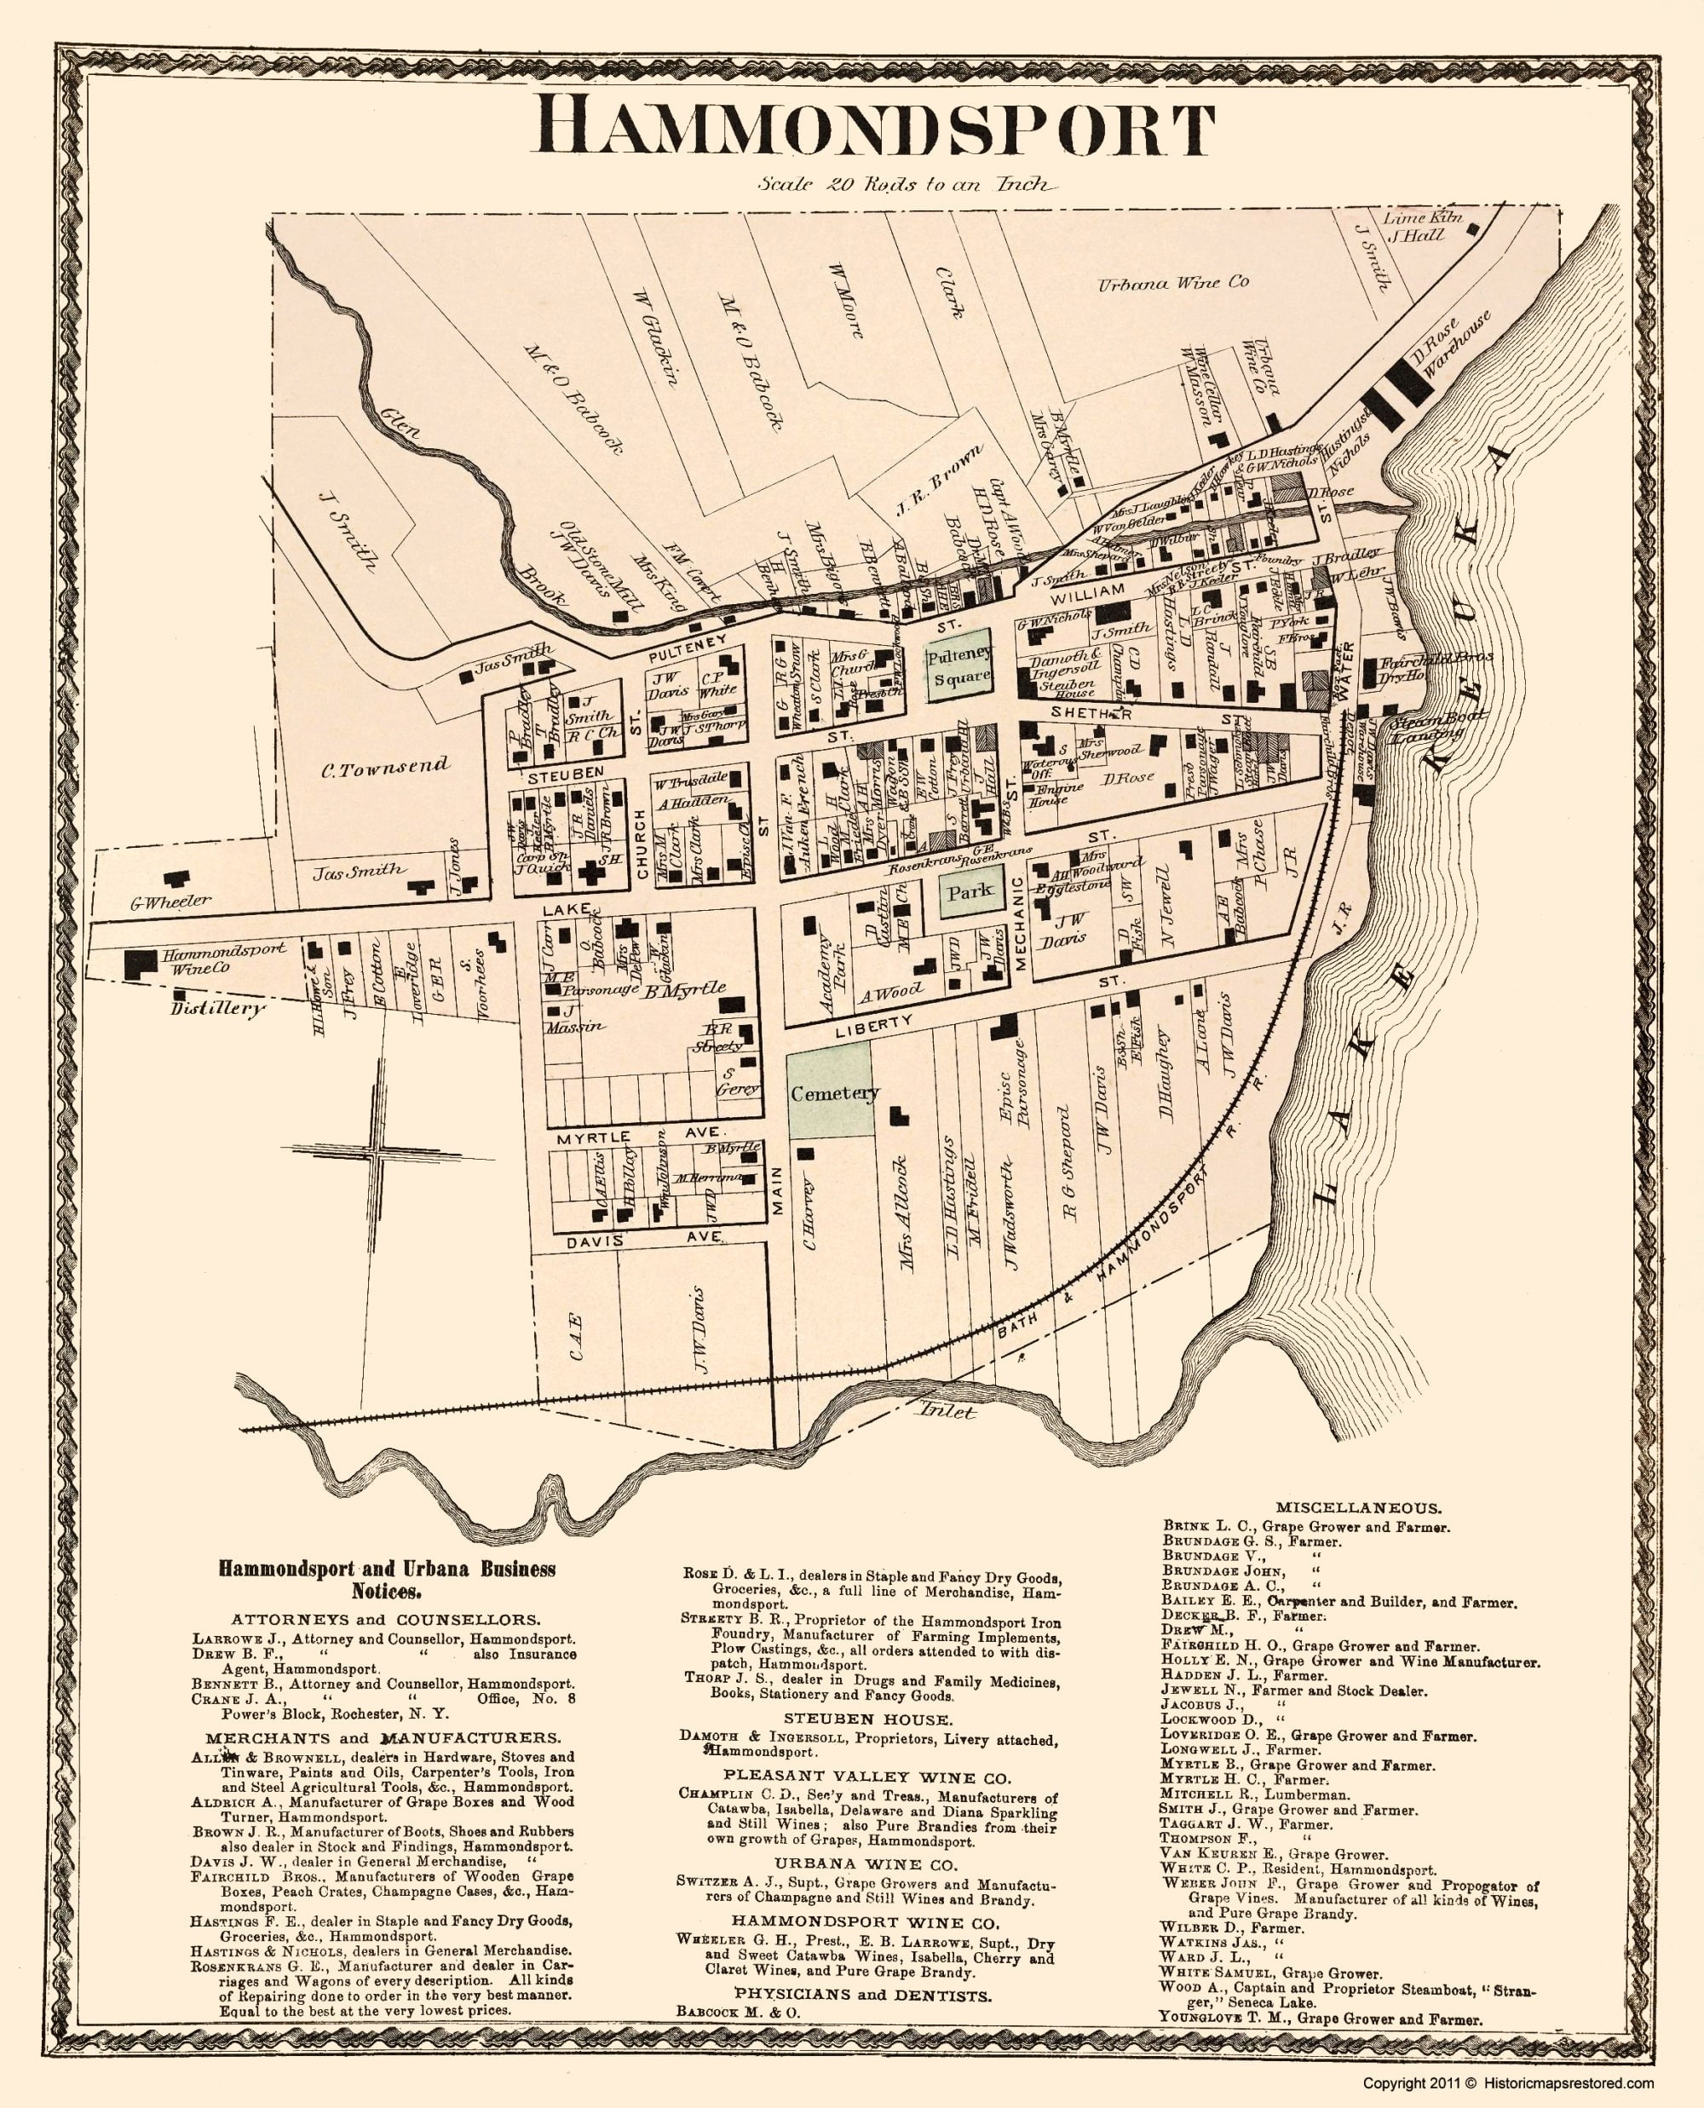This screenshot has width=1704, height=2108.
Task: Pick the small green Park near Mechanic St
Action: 969,891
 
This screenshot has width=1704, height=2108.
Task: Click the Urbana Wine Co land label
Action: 1172,283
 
